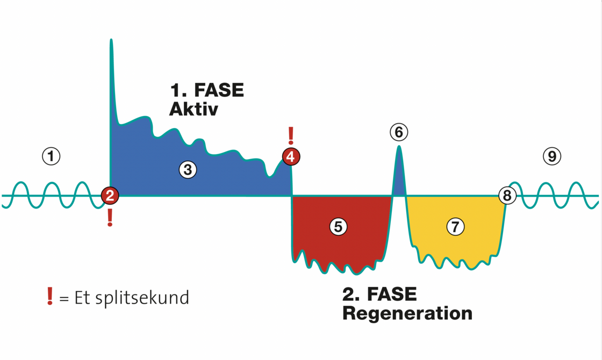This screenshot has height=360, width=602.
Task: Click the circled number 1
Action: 51,156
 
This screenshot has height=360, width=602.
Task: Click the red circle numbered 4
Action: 291,157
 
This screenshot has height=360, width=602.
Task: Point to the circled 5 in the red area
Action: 338,227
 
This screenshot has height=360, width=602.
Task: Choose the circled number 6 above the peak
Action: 399,132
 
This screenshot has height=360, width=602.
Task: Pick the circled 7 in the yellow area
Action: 456,227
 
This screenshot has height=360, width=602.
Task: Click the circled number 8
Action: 507,196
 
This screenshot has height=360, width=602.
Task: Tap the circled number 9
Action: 552,156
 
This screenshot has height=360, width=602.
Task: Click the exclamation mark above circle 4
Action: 291,136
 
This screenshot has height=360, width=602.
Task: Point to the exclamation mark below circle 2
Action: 110,217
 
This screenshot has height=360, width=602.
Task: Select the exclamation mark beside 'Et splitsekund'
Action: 50,296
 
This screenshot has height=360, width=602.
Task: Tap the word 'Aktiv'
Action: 193,109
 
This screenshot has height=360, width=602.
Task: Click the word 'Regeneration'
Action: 407,313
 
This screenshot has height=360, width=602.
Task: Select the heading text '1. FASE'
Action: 207,90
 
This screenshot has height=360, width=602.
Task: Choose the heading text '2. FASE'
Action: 379,294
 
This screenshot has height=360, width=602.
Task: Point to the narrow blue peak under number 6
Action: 399,172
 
